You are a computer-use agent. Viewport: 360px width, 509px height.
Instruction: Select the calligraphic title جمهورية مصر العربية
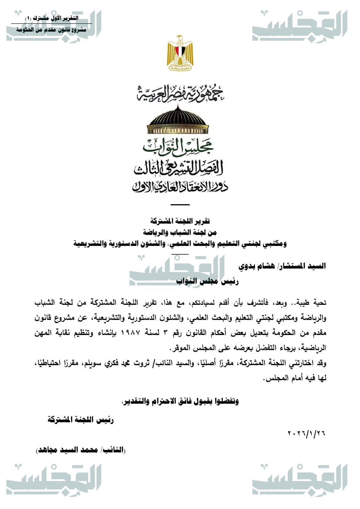180,93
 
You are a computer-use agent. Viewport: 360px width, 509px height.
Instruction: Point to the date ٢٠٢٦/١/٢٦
307,433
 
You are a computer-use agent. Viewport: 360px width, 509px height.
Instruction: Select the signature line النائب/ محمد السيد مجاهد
81,450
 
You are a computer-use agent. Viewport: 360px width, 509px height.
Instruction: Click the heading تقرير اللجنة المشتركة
180,221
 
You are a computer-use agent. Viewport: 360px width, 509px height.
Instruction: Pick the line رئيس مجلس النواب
207,281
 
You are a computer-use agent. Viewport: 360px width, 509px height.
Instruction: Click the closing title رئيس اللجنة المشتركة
81,420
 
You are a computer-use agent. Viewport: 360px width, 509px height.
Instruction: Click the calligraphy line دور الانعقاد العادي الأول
180,187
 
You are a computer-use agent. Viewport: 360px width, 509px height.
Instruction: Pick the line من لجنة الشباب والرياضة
180,233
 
